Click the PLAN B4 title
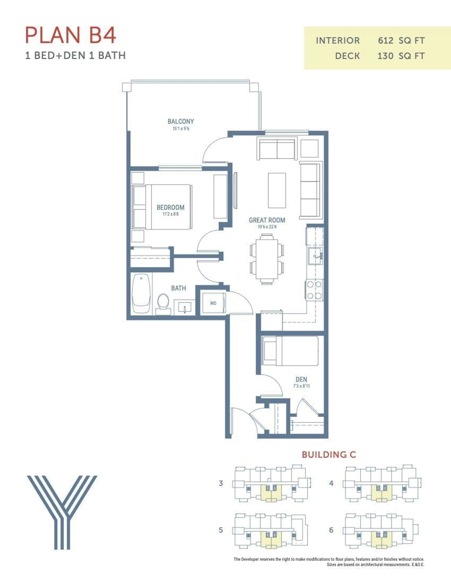(x=71, y=35)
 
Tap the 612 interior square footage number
(x=385, y=41)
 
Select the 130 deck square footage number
(x=385, y=56)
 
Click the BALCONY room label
(x=181, y=121)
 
